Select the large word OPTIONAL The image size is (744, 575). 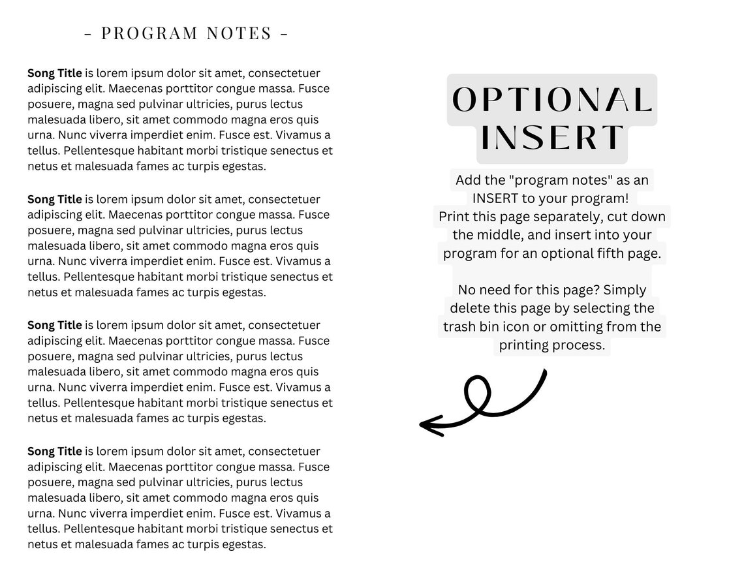tap(552, 100)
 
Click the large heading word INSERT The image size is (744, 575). tap(552, 137)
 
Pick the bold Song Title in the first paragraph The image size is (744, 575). tap(55, 73)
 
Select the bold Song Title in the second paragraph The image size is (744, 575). tap(55, 199)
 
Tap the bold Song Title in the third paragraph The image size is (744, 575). tap(55, 325)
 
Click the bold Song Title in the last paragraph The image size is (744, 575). tap(55, 451)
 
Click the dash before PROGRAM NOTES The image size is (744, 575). tap(88, 33)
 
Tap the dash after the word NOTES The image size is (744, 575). tap(284, 33)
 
